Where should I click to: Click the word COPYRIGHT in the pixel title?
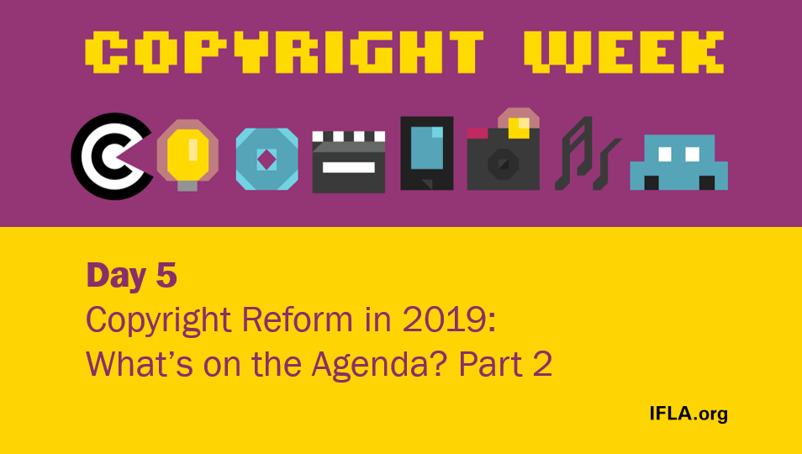click(285, 51)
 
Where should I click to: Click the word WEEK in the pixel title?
click(624, 51)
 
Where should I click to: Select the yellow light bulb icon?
click(187, 154)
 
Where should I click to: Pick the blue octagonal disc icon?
click(266, 159)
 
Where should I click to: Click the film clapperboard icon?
click(348, 161)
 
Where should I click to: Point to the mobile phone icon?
click(426, 152)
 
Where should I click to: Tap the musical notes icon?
click(586, 153)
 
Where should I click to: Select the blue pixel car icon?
click(678, 162)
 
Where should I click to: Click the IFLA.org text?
click(688, 413)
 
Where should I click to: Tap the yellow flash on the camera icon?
click(519, 127)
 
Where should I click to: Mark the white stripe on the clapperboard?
click(348, 166)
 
